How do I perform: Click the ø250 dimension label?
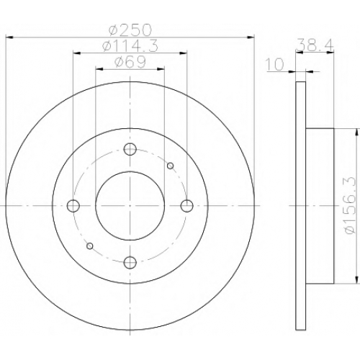coord(130,30)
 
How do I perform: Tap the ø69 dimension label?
coord(130,62)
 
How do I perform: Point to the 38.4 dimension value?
coord(315,45)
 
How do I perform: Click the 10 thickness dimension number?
coord(275,64)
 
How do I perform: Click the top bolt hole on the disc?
coord(130,149)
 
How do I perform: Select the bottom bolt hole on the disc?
coord(130,262)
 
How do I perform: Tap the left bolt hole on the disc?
coord(73,206)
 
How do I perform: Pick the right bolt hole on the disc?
coord(187,206)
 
